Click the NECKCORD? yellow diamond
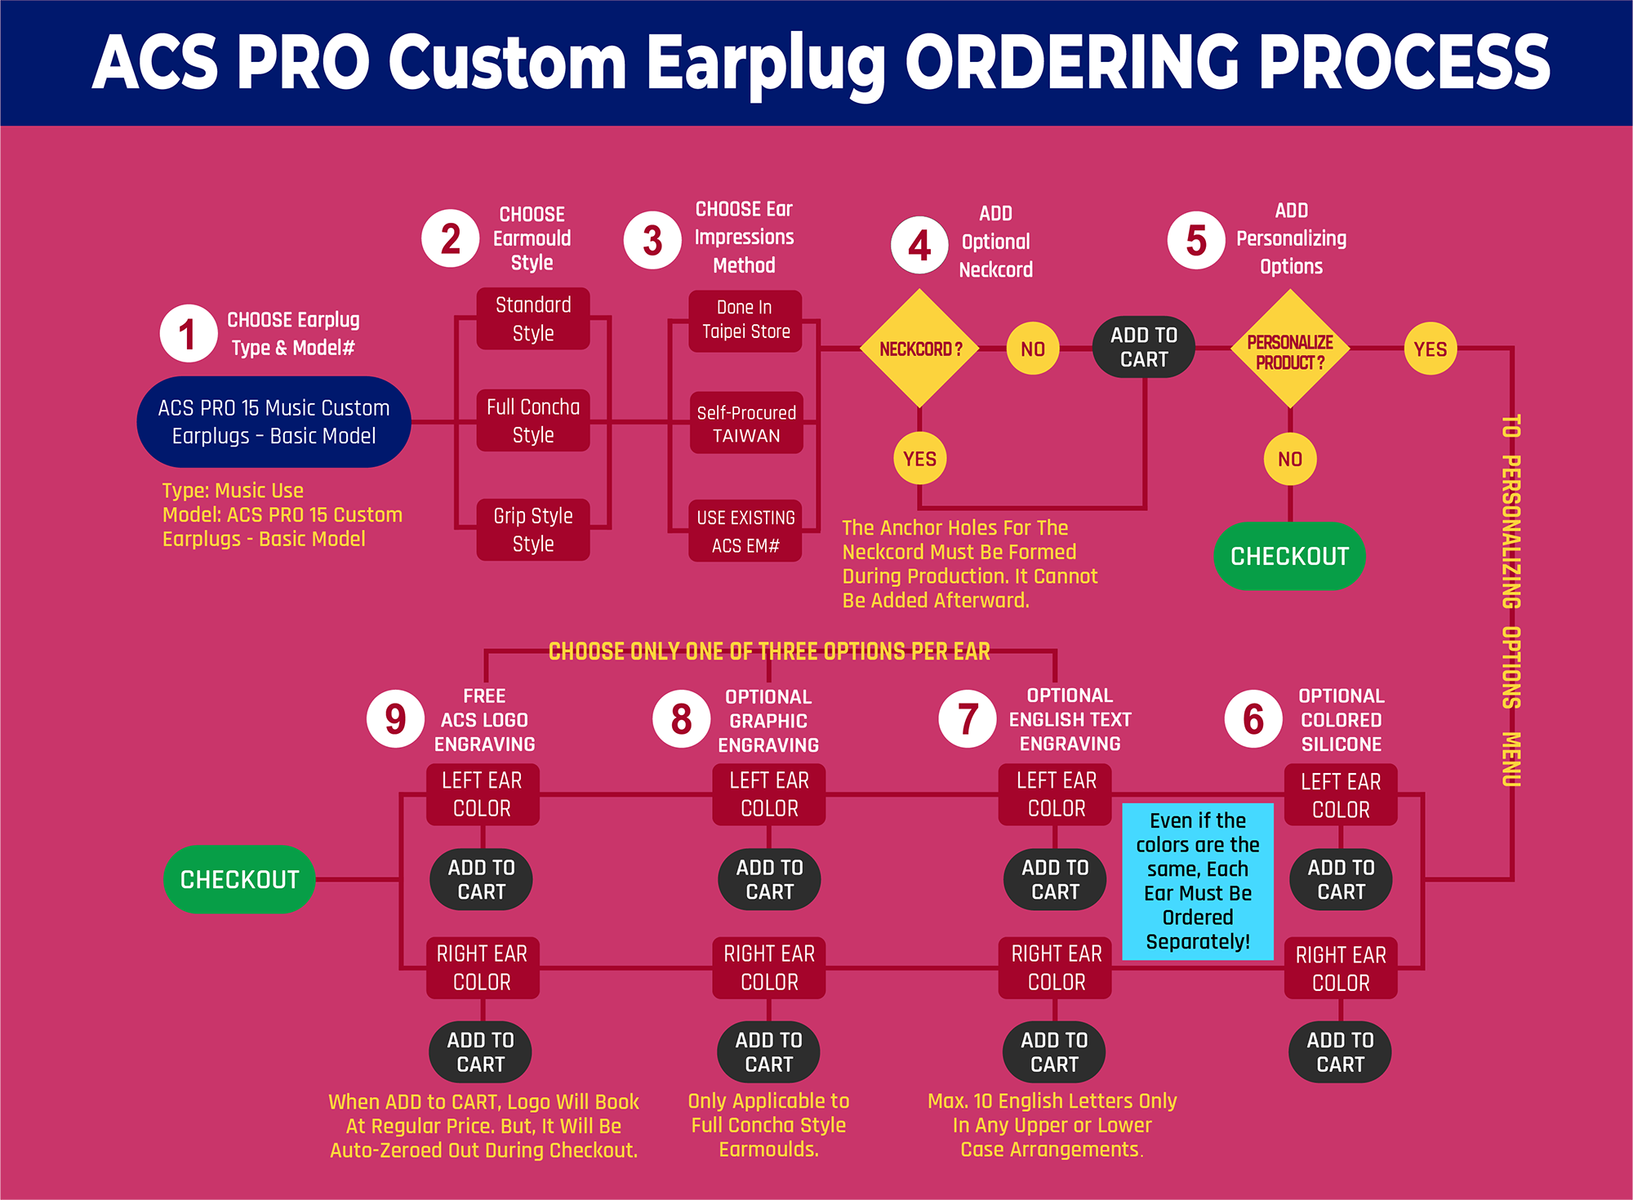(920, 349)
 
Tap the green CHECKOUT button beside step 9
(239, 879)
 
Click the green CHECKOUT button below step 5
(1289, 556)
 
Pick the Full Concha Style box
(533, 420)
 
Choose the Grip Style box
(533, 530)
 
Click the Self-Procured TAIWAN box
(746, 424)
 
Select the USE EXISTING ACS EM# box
(745, 531)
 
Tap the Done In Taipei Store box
(745, 320)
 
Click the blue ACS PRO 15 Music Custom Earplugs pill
(274, 421)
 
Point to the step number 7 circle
(968, 719)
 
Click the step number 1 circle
(188, 333)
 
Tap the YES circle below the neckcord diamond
(920, 459)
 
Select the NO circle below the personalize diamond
(1289, 459)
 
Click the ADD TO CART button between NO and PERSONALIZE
(1144, 347)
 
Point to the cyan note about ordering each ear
(1198, 881)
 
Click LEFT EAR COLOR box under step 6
(1341, 795)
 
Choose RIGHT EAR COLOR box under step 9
(483, 967)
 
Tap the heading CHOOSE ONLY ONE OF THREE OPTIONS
(769, 651)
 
